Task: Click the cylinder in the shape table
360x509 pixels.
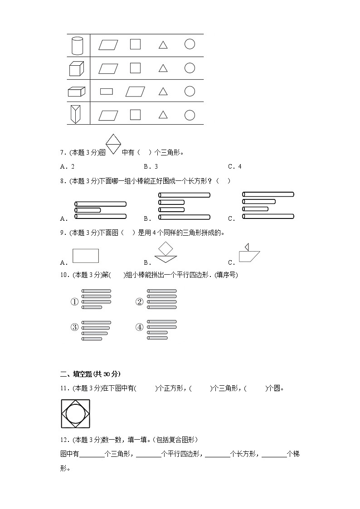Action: (x=78, y=45)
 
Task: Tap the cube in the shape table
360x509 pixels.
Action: (x=77, y=69)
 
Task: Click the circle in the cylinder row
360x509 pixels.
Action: (x=190, y=44)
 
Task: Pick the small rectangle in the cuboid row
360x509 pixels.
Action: (x=107, y=92)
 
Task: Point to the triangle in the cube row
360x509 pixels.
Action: (x=163, y=68)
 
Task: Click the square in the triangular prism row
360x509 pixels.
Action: (x=135, y=115)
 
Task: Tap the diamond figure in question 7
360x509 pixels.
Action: (x=113, y=144)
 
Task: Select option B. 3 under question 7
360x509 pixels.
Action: (x=150, y=166)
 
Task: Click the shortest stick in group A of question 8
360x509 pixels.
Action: (x=88, y=210)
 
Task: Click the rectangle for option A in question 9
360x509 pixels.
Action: (x=86, y=256)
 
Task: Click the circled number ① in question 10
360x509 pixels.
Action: (x=74, y=302)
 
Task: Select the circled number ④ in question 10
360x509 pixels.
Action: (x=140, y=328)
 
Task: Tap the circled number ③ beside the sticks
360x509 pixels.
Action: (x=74, y=328)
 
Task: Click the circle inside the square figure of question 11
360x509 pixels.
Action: (x=75, y=414)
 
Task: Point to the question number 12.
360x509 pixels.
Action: (x=64, y=440)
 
